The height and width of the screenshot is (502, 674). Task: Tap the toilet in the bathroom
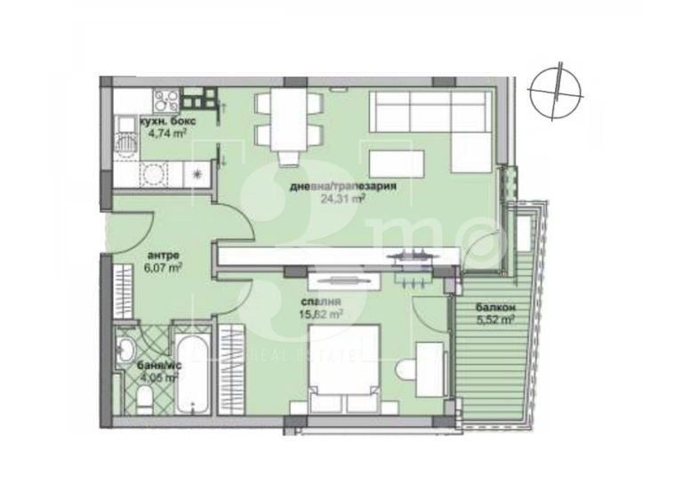point(141,401)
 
